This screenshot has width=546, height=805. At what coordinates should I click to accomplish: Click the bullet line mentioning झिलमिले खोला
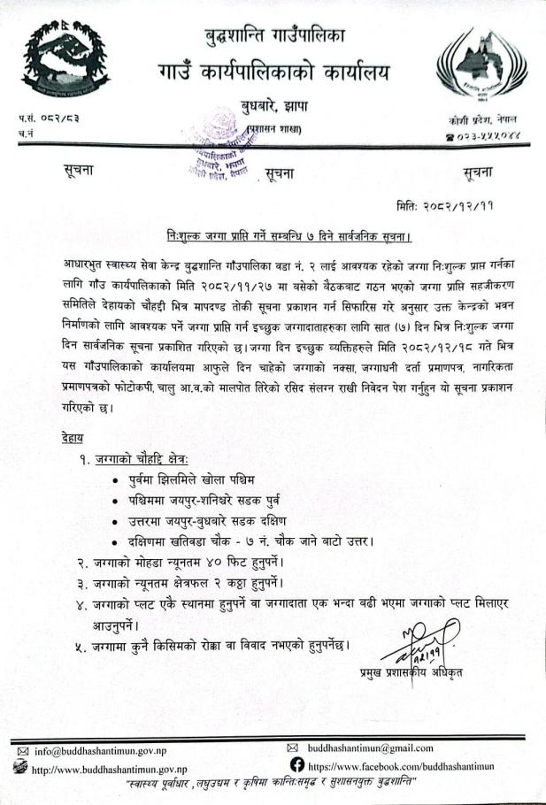coord(200,479)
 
